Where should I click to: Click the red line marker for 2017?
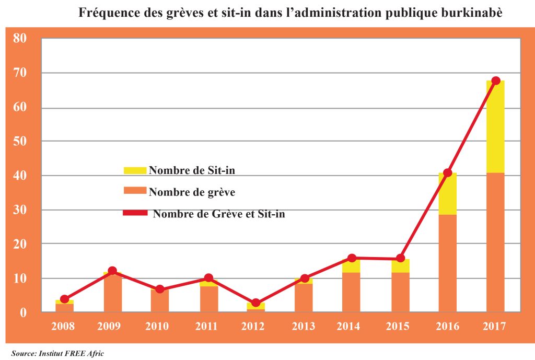click(496, 80)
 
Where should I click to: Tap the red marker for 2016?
click(447, 173)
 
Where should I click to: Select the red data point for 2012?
click(255, 303)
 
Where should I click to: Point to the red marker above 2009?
click(112, 271)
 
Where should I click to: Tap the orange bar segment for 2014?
click(351, 293)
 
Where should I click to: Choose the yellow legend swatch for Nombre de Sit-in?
click(135, 170)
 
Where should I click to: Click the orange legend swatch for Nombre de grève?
click(135, 191)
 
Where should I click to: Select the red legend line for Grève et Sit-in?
click(135, 213)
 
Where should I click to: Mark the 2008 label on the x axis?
click(63, 327)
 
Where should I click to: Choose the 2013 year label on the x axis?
click(304, 327)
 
